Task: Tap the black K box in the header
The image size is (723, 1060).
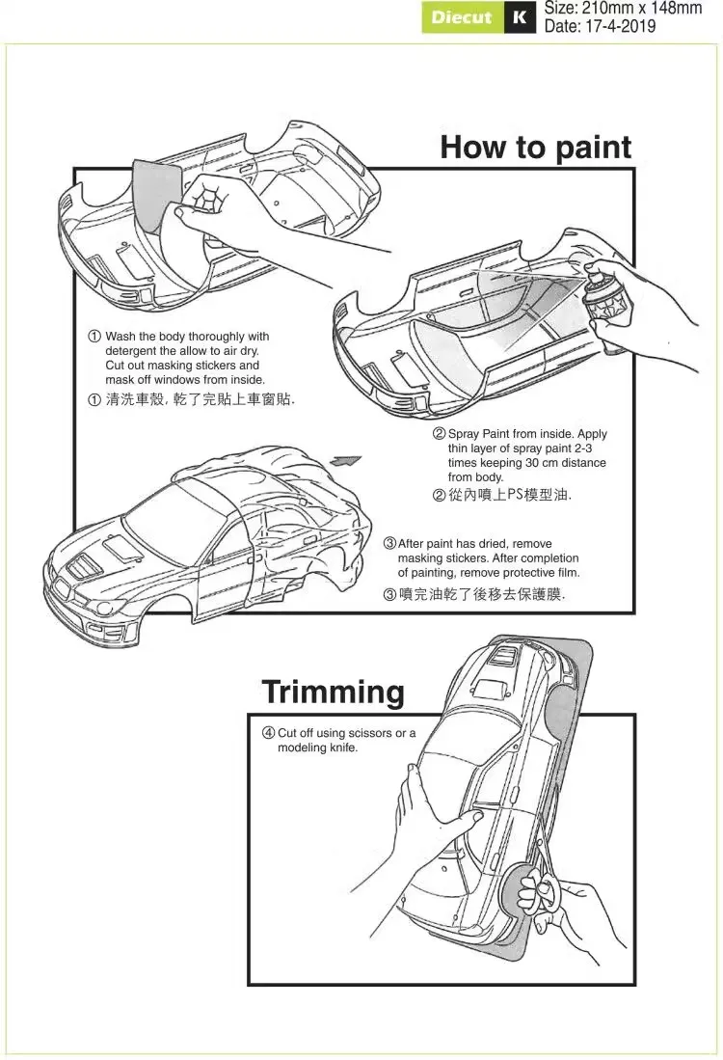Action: (x=521, y=17)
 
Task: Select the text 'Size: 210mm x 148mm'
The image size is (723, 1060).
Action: (x=623, y=9)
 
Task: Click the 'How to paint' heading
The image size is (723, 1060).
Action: (x=535, y=148)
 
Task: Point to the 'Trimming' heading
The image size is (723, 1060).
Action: (x=333, y=692)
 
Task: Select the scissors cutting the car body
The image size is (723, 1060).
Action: (x=536, y=884)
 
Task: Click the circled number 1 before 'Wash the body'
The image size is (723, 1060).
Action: (x=94, y=337)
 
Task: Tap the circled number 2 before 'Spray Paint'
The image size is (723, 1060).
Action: (x=439, y=434)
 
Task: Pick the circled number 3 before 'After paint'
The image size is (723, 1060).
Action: (x=389, y=545)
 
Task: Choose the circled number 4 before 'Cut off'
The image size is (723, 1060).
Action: (x=269, y=733)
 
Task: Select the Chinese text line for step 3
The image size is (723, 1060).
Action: (x=474, y=595)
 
